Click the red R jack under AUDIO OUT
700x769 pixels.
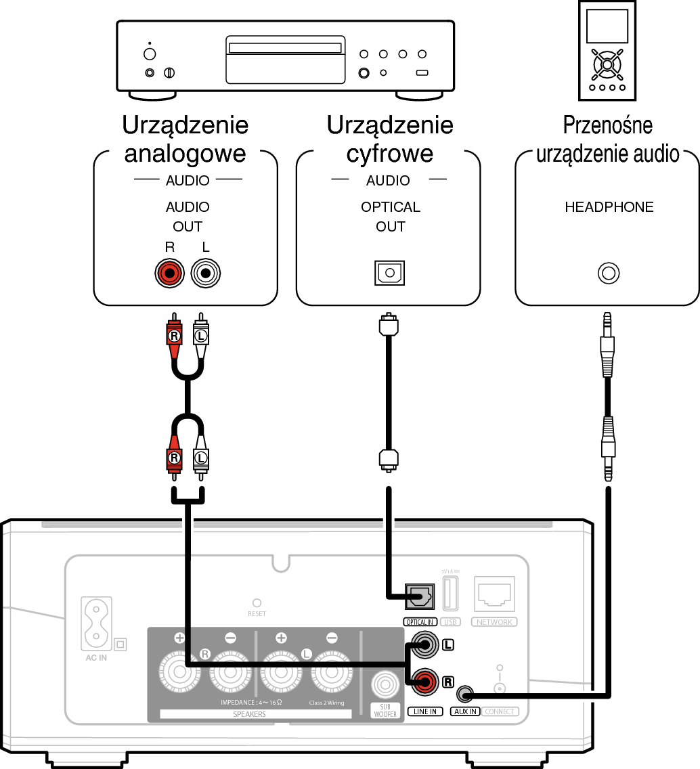click(x=169, y=274)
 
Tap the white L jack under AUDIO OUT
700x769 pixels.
click(x=206, y=274)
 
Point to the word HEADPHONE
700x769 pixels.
click(x=609, y=207)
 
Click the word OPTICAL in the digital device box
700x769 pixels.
click(x=390, y=207)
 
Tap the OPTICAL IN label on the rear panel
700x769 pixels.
click(x=420, y=622)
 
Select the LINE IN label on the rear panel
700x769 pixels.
click(x=426, y=711)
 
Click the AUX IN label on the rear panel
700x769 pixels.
click(x=465, y=711)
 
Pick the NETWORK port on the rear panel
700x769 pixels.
click(x=495, y=595)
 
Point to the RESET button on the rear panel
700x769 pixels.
click(x=257, y=602)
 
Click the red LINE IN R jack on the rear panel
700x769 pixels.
click(x=425, y=682)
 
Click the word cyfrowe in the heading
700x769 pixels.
click(x=389, y=154)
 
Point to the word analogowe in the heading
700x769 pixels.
click(x=185, y=154)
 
